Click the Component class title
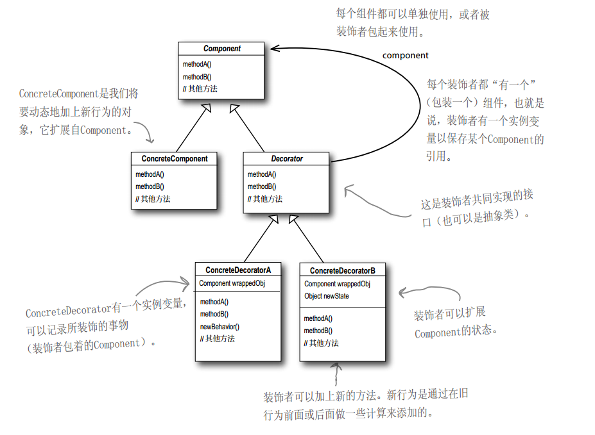point(221,49)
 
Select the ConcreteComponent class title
point(175,158)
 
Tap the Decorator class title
point(286,158)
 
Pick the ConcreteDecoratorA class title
point(238,270)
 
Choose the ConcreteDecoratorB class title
point(343,271)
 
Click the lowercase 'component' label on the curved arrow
point(405,56)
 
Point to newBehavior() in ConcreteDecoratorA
point(220,327)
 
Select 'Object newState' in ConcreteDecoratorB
point(327,296)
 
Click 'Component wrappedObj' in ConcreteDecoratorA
point(232,283)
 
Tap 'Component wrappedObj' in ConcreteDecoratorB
point(337,284)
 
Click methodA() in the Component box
point(197,65)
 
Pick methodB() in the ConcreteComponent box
point(150,186)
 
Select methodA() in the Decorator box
point(262,174)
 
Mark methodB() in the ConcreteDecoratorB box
point(318,331)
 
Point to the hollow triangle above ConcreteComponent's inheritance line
point(205,108)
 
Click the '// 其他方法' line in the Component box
point(200,89)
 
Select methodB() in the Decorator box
point(262,186)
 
